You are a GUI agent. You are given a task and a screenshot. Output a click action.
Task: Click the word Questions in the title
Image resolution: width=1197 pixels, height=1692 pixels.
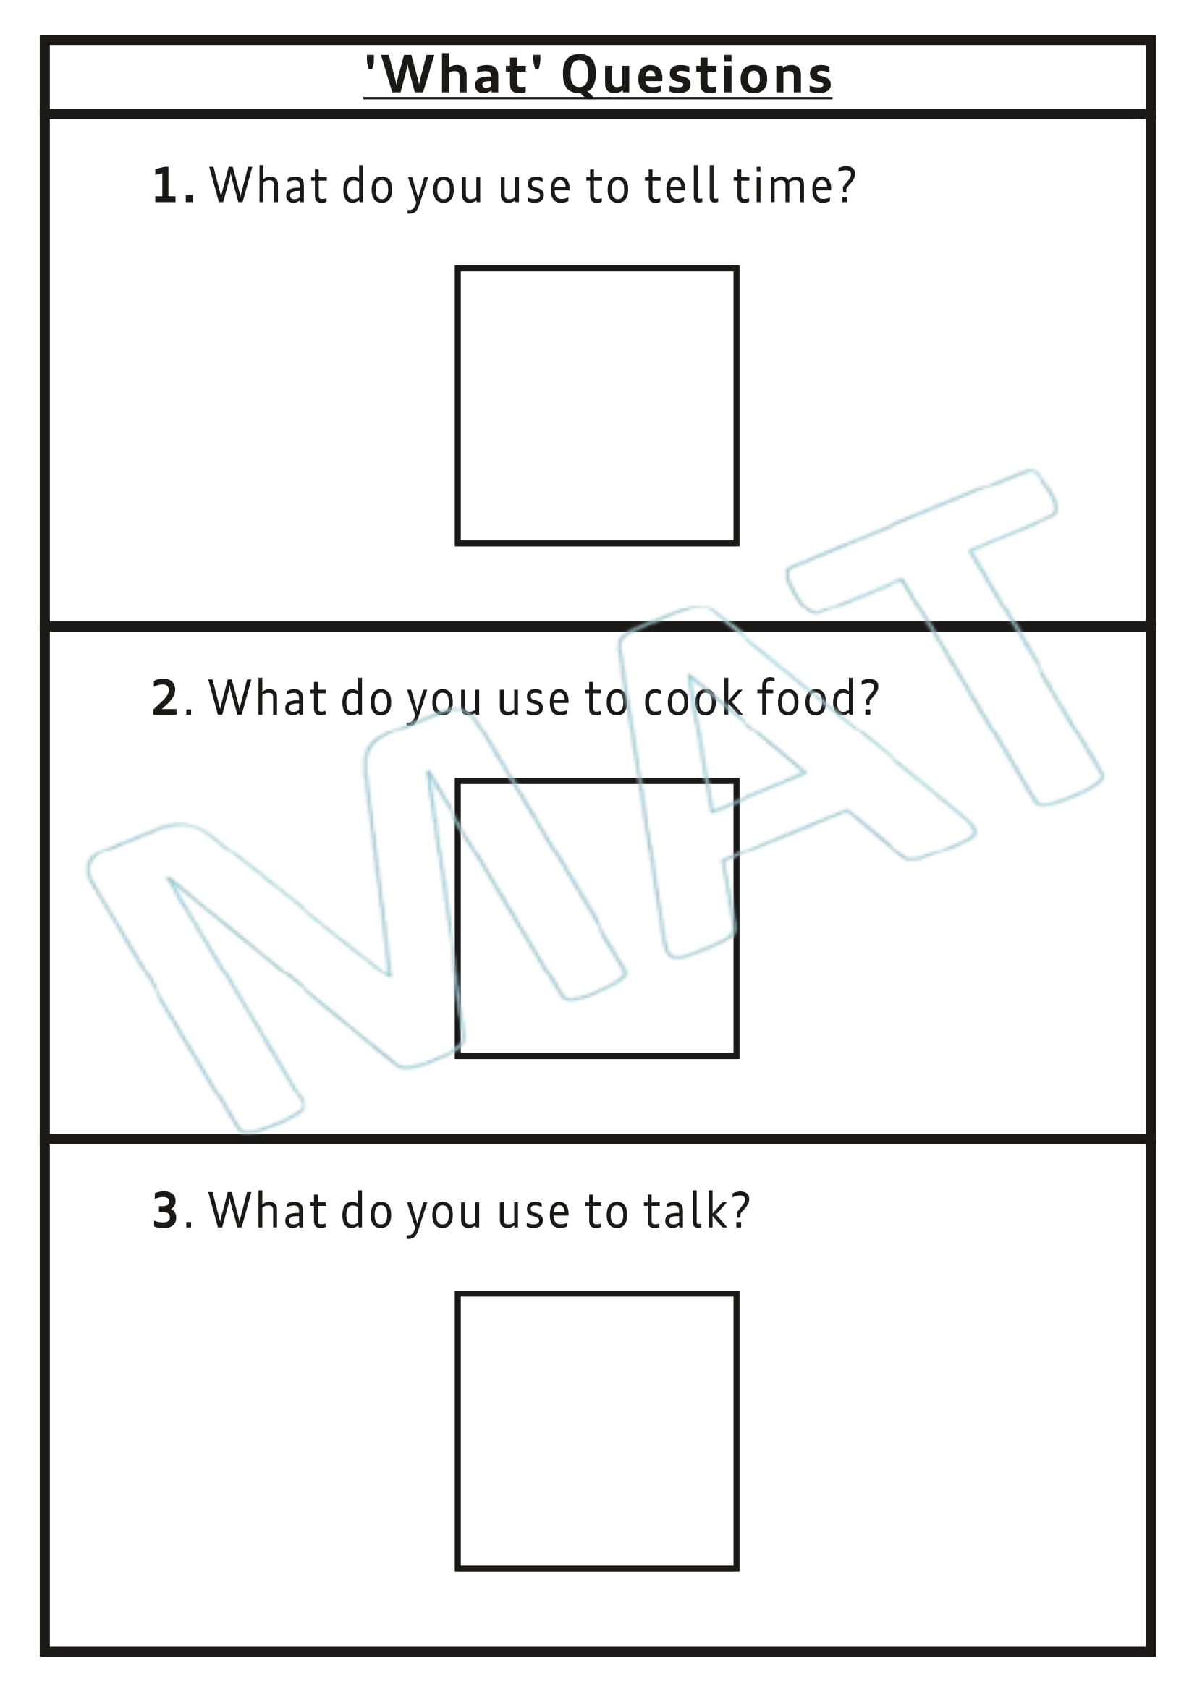tap(696, 76)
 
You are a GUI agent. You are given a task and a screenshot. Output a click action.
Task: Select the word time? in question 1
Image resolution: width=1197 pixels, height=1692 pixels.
tap(794, 186)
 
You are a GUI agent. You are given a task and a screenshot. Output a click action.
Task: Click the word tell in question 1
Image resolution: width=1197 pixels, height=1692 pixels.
tap(681, 186)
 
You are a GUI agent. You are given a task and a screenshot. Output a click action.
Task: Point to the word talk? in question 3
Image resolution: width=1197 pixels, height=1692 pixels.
tap(695, 1210)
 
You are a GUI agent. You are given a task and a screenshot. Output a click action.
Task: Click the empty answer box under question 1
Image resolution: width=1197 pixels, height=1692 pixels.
tap(596, 406)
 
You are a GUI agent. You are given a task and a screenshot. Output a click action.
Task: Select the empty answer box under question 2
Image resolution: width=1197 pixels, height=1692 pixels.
tap(596, 918)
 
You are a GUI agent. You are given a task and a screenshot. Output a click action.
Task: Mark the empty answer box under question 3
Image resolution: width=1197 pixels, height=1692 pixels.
tap(596, 1430)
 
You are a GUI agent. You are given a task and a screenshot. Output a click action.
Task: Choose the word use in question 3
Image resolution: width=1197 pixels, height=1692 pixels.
tap(533, 1212)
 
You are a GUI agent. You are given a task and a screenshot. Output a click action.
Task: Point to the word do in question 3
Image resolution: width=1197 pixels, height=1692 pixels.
tap(366, 1210)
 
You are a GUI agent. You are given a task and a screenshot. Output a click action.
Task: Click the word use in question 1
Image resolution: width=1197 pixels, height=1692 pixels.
tap(533, 187)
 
